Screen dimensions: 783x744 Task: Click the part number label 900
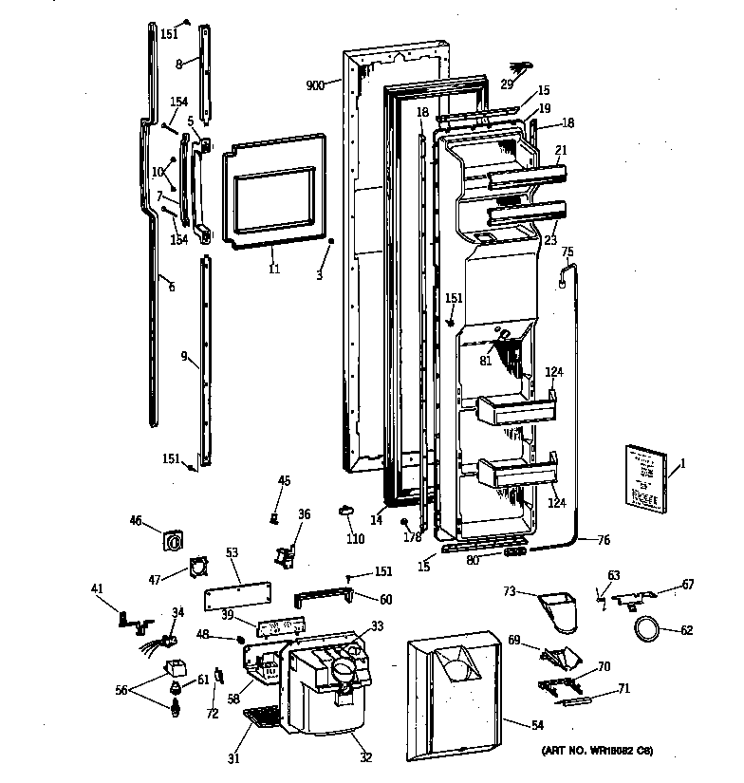(x=315, y=85)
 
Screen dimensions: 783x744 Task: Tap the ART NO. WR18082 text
(x=597, y=751)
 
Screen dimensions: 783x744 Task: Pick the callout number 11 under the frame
(x=273, y=270)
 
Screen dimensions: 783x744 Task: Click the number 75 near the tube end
(x=567, y=252)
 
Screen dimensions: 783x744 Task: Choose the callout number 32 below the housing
(x=365, y=756)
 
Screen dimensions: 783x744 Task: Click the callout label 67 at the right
(x=688, y=585)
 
